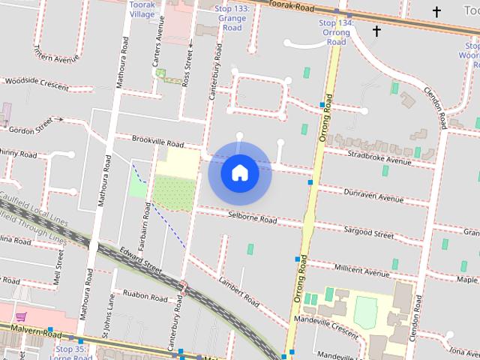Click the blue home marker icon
coord(239,172)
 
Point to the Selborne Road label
coord(252,218)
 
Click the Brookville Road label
coord(157,142)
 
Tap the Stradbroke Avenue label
coord(379,157)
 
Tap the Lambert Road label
coord(239,292)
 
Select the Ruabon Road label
coord(145,295)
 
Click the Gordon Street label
coord(37,124)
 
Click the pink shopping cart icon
coord(21,317)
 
